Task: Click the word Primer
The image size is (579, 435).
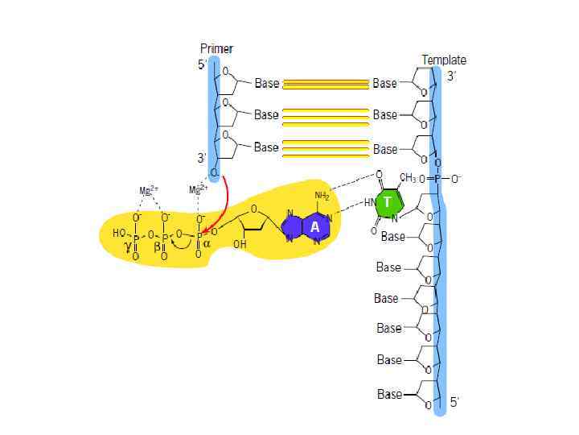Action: click(x=217, y=49)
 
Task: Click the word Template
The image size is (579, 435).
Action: click(x=444, y=60)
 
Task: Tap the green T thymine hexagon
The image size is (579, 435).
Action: click(x=388, y=202)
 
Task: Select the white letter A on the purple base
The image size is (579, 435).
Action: click(x=314, y=228)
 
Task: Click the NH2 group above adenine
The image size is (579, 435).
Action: click(x=322, y=197)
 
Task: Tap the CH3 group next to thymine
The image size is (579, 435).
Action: click(x=409, y=178)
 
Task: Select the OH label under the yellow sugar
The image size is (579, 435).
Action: click(x=240, y=244)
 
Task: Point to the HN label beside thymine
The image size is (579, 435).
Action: click(x=368, y=201)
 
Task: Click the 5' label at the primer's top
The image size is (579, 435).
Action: click(x=202, y=64)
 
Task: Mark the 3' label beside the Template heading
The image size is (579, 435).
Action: click(x=452, y=77)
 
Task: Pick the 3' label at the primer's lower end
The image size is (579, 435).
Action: click(x=201, y=158)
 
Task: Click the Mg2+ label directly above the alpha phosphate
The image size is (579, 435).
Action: click(x=196, y=190)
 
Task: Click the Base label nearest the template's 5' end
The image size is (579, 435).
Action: click(x=389, y=395)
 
